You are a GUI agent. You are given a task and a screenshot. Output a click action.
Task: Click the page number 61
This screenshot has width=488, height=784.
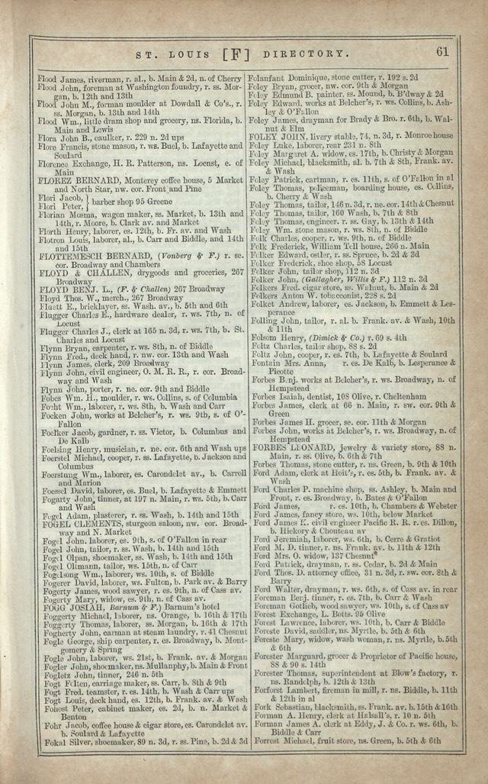pos(443,52)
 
